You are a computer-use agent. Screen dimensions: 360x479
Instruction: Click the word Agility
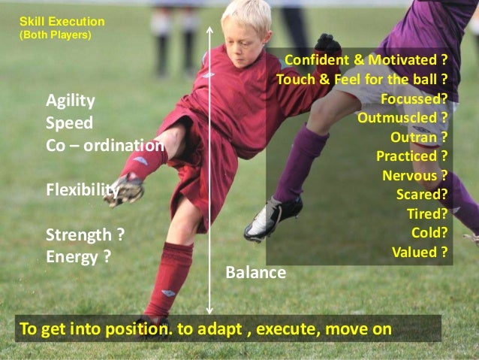click(71, 101)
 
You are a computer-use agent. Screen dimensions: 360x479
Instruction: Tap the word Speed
click(69, 123)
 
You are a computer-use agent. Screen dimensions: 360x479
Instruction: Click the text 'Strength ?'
click(85, 234)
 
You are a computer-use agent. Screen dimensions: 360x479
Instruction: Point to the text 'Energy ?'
click(79, 256)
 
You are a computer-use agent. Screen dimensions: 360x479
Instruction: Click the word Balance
click(256, 272)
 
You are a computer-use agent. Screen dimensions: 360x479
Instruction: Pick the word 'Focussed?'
click(414, 98)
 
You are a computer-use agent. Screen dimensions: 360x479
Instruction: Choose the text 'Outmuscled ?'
click(402, 118)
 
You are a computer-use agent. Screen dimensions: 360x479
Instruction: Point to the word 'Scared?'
click(422, 195)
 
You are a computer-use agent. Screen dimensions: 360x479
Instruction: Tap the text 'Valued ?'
click(420, 252)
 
